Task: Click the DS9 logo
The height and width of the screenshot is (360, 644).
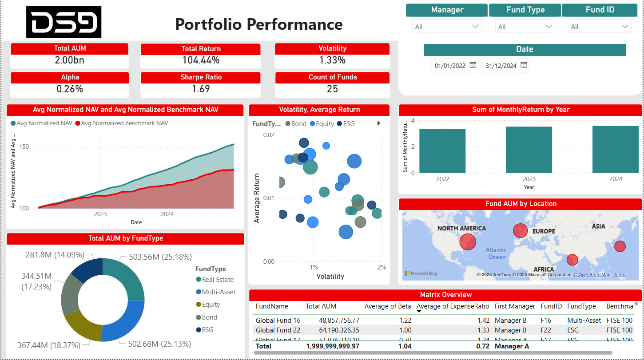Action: (64, 22)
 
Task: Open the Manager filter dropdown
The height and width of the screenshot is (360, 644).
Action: (446, 27)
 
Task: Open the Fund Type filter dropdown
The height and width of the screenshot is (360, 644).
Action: (525, 27)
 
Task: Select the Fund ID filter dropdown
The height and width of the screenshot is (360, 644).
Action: (599, 27)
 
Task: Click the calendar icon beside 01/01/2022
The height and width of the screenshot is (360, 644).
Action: (473, 65)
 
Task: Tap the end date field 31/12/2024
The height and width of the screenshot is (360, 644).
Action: (501, 66)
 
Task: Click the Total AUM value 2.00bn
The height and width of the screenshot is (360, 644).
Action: (69, 60)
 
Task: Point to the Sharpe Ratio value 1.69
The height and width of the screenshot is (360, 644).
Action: (201, 89)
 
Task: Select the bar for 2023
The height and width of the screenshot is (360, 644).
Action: (529, 150)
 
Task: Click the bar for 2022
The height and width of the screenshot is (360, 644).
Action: (442, 151)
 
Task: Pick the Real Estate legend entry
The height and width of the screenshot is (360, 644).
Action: (217, 280)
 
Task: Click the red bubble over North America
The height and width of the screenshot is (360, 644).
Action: (468, 242)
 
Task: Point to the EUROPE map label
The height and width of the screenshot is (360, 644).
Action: (544, 231)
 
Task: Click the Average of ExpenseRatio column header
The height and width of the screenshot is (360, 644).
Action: (453, 306)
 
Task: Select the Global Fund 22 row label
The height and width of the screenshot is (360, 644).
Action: (278, 330)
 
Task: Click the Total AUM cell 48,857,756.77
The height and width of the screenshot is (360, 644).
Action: (333, 320)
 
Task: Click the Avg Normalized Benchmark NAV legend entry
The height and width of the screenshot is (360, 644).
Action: (124, 123)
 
